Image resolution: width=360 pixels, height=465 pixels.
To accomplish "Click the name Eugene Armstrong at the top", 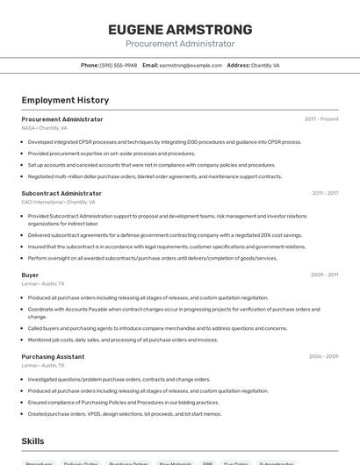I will point(180,29).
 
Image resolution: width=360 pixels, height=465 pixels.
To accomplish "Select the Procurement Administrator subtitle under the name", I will point(180,44).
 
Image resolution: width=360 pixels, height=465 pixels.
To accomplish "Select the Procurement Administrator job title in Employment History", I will point(62,119).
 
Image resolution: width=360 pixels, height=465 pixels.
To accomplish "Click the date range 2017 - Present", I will point(321,119).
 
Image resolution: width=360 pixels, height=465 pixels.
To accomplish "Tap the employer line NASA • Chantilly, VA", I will point(44,128).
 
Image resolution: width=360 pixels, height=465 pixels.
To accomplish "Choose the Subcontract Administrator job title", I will point(61,193).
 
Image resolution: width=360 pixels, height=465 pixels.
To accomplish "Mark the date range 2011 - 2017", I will point(325,193).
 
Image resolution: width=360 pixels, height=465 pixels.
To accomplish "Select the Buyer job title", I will point(30,275).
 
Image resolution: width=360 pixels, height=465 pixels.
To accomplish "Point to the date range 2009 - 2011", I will point(324,275).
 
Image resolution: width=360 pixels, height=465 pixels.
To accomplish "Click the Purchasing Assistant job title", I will point(53,357).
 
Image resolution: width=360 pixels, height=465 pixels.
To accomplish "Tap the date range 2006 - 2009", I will point(323,357).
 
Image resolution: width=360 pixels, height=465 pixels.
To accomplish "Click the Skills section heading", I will point(32,441).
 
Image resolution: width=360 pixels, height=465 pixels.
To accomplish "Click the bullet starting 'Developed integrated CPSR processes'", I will point(164,141).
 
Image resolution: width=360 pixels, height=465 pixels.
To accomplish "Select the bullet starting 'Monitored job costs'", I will point(123,340).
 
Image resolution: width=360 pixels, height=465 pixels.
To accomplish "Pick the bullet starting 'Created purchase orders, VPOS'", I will point(125,413).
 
